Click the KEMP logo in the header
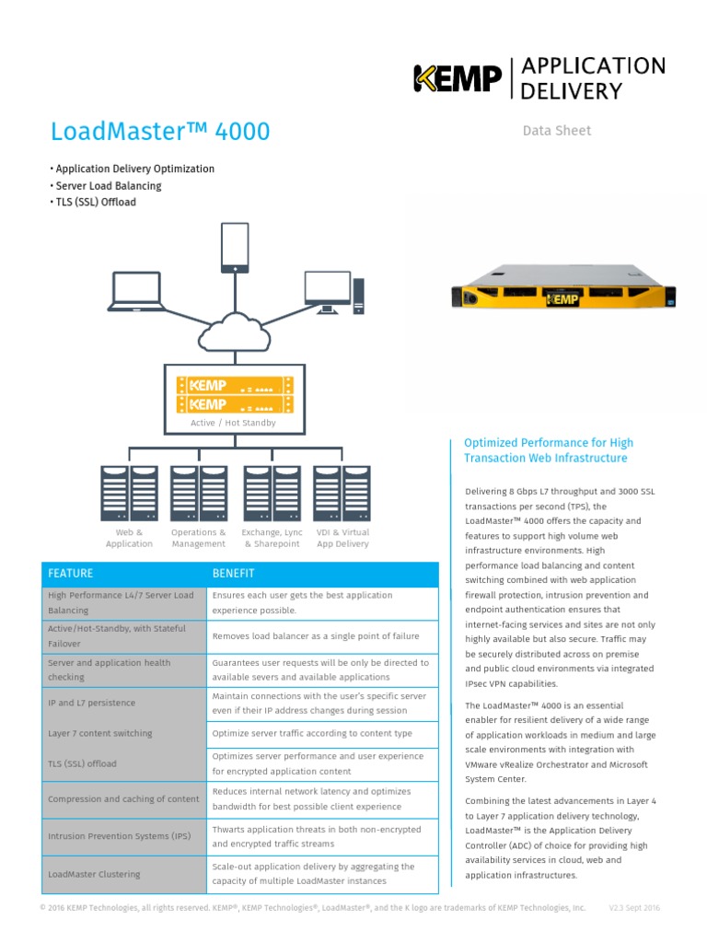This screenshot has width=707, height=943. click(457, 78)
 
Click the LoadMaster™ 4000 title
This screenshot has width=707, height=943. click(161, 132)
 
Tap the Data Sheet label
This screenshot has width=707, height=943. click(557, 131)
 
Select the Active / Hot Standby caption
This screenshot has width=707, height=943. click(233, 423)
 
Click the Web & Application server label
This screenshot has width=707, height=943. click(129, 538)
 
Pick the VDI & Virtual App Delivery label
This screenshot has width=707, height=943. click(342, 538)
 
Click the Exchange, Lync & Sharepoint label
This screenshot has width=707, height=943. click(272, 538)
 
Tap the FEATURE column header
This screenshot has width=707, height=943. click(71, 573)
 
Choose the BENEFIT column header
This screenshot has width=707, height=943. click(234, 573)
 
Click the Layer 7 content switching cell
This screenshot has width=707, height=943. click(100, 733)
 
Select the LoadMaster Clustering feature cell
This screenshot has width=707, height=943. click(94, 874)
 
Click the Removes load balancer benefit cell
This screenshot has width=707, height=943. click(316, 636)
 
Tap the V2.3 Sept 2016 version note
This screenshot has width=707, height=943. click(634, 908)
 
